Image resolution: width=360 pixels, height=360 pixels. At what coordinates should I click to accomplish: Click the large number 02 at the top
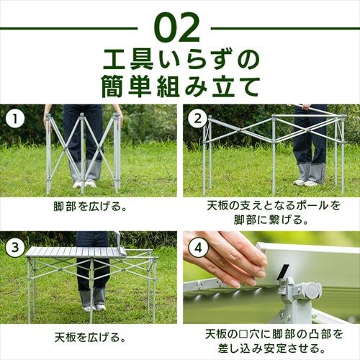click(179, 27)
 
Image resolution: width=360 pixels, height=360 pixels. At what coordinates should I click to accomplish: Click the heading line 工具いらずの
click(180, 57)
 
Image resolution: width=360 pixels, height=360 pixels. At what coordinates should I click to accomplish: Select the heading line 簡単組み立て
click(180, 86)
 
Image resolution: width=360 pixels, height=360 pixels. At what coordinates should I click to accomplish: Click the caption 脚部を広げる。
click(90, 205)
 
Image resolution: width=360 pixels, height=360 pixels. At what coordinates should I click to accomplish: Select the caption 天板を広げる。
click(90, 336)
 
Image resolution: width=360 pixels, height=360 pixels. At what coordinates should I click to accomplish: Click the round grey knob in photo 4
click(311, 292)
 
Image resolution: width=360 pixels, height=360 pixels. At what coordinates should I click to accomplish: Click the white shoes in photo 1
click(84, 184)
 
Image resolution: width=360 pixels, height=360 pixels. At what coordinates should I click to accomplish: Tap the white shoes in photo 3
click(89, 308)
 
